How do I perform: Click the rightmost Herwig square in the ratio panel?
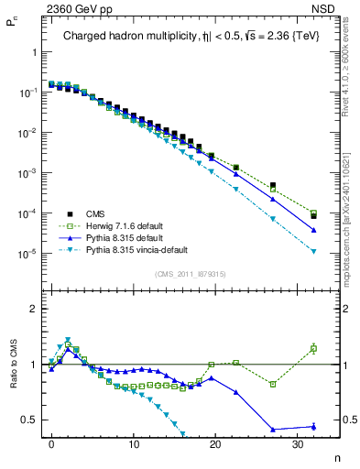pos(313,348)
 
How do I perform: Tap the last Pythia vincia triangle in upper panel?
pos(313,251)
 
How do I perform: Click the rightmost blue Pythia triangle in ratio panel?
pos(313,426)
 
